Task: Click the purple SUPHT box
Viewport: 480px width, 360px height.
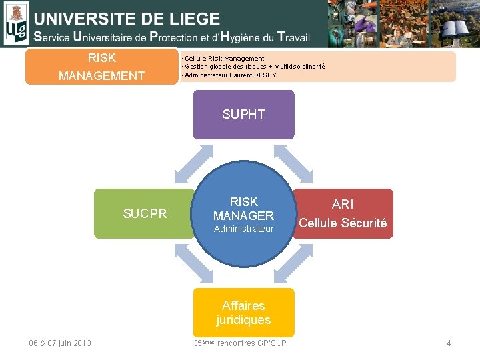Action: tap(243, 115)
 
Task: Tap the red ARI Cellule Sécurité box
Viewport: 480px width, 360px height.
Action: tap(343, 213)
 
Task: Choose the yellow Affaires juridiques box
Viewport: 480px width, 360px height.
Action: tap(243, 312)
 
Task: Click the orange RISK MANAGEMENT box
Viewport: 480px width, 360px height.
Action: tap(101, 67)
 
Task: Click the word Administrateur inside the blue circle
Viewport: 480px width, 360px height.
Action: tap(243, 229)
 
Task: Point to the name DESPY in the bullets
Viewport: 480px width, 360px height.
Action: tap(265, 75)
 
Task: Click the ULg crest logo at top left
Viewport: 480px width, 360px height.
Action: tap(16, 23)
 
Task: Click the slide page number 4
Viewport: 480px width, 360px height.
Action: tap(449, 343)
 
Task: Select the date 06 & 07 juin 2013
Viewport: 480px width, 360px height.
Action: tap(60, 343)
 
